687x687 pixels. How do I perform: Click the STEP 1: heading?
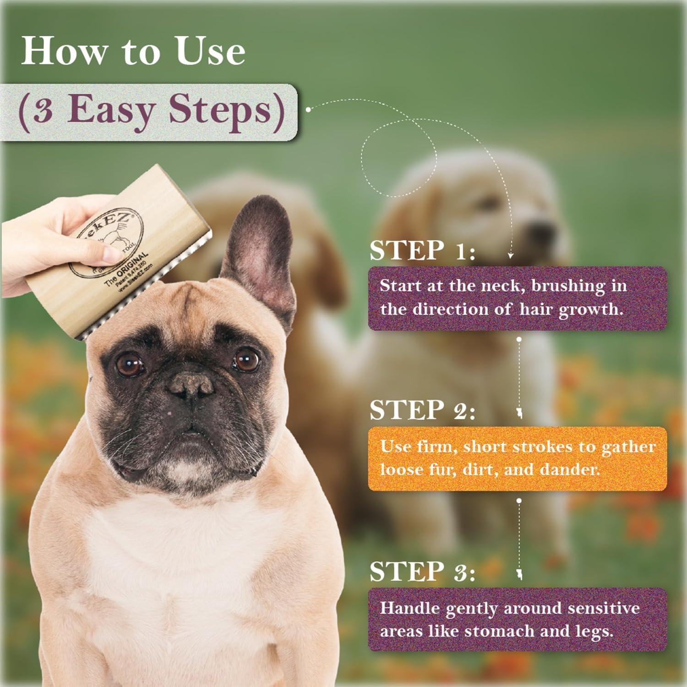point(422,251)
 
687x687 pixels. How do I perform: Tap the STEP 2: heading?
point(422,410)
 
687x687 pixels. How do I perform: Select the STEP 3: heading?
point(422,572)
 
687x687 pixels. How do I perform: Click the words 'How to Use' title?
point(133,51)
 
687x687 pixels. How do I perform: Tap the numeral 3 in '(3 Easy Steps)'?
point(42,110)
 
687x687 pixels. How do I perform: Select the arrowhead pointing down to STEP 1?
point(511,255)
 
